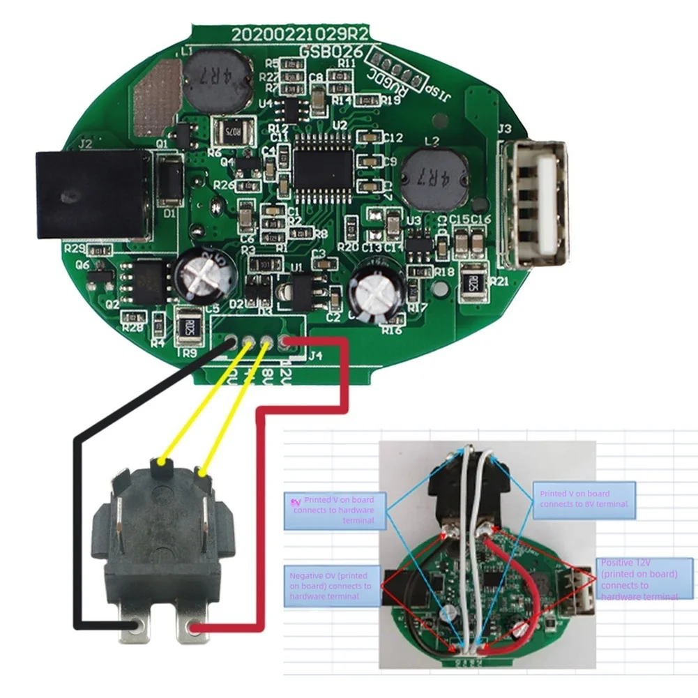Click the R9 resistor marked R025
click(x=187, y=328)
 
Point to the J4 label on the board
click(x=315, y=356)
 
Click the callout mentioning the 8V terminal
click(x=584, y=499)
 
